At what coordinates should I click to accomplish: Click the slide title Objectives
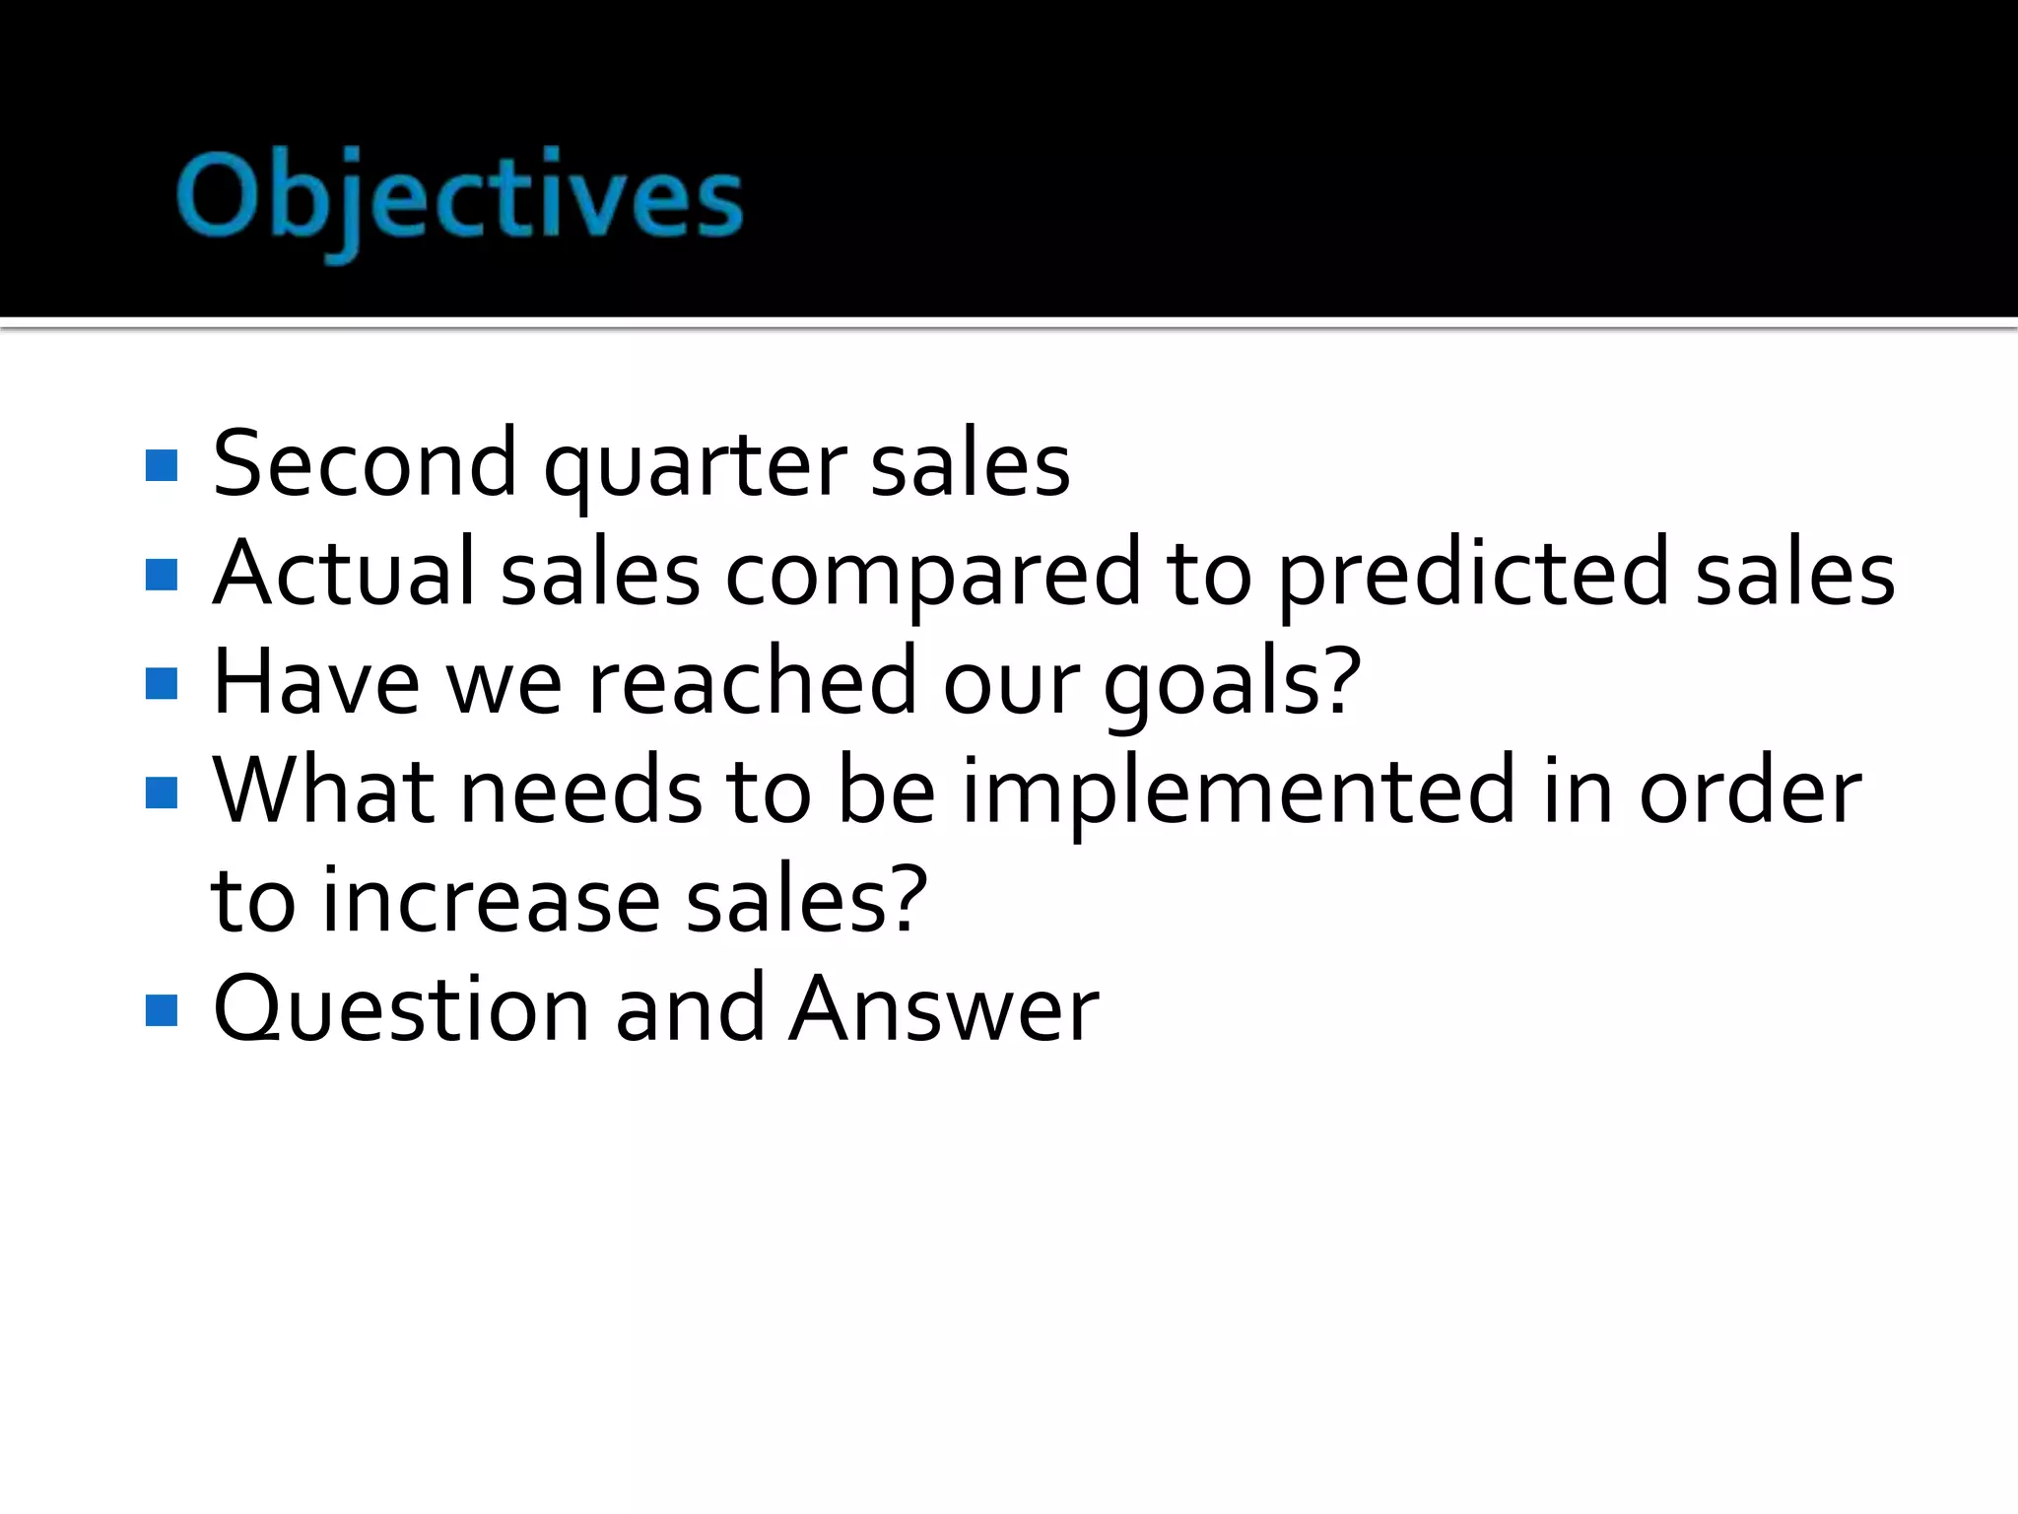[459, 197]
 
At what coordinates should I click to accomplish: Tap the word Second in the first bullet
[364, 463]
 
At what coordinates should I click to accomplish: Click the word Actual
[344, 573]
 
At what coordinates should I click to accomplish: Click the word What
[324, 791]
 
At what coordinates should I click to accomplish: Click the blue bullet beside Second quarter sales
[162, 466]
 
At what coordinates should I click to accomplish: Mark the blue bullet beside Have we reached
[162, 683]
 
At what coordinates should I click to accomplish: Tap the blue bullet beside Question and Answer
[162, 1010]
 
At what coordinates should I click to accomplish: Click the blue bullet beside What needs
[162, 792]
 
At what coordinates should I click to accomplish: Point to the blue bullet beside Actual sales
[162, 575]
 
